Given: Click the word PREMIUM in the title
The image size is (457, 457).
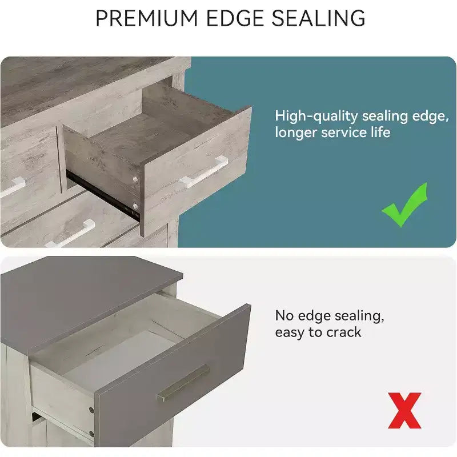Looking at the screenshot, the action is pyautogui.click(x=147, y=18).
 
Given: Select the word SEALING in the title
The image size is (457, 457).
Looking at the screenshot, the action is pyautogui.click(x=318, y=18).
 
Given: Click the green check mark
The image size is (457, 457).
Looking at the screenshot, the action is pyautogui.click(x=404, y=205).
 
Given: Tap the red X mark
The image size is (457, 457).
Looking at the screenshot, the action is pyautogui.click(x=404, y=410).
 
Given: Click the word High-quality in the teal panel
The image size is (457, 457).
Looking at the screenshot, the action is pyautogui.click(x=316, y=117).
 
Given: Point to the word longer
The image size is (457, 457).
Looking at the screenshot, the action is pyautogui.click(x=295, y=133).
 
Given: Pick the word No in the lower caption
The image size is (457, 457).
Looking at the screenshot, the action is pyautogui.click(x=284, y=316).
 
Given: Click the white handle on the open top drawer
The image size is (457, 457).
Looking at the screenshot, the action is pyautogui.click(x=204, y=171).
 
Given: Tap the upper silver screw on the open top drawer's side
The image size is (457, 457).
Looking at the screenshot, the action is pyautogui.click(x=135, y=179).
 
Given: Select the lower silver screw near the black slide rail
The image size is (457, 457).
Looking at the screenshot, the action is pyautogui.click(x=135, y=207).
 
